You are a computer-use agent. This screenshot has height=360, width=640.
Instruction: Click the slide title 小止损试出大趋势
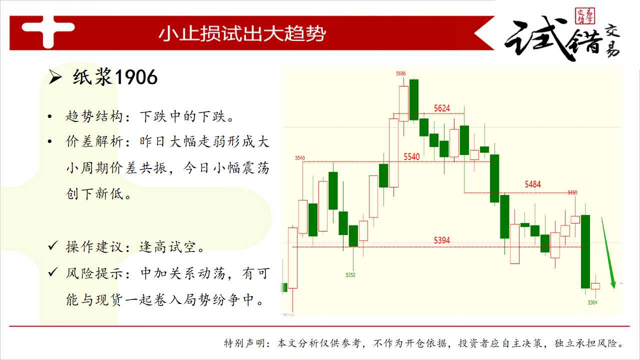242,33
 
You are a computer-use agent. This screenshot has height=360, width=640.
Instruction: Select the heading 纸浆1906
115,77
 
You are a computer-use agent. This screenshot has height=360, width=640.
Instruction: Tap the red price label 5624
441,108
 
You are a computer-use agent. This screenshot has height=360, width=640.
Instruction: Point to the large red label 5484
532,184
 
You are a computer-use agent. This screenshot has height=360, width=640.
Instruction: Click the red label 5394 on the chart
441,240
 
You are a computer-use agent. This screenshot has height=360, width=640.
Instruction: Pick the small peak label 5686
400,73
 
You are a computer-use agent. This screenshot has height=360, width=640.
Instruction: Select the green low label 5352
350,275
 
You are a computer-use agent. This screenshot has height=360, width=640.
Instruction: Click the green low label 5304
592,302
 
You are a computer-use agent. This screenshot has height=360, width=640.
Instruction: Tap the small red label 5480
572,192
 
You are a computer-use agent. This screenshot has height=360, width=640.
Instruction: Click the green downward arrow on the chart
607,252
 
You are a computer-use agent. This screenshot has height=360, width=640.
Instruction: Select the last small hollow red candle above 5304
595,286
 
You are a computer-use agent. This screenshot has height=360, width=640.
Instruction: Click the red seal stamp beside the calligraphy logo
585,16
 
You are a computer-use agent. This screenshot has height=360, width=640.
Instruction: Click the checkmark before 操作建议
53,245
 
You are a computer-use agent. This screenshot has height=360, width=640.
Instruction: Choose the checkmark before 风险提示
53,272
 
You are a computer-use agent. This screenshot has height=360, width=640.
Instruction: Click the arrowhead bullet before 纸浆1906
55,77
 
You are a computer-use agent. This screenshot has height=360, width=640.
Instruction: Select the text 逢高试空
167,247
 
